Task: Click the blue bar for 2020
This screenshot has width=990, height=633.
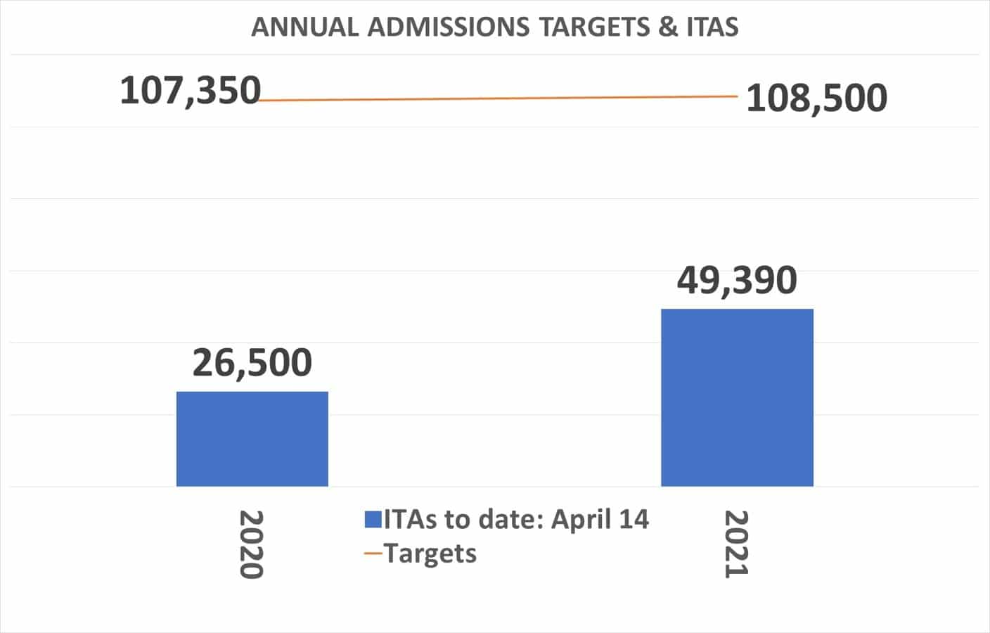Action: (252, 439)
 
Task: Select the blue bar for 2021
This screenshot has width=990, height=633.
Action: (737, 397)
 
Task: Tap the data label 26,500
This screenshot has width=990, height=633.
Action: (252, 363)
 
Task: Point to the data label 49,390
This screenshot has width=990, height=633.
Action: (737, 280)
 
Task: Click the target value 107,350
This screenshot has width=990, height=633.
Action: (190, 91)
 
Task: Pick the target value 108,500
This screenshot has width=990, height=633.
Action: (816, 98)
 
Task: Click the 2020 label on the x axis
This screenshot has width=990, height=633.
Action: (251, 544)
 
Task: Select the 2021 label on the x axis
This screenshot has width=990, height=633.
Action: (736, 544)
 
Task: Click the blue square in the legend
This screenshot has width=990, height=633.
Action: (373, 520)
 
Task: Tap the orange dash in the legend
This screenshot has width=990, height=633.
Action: (373, 554)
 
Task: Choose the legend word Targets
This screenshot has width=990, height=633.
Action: (430, 554)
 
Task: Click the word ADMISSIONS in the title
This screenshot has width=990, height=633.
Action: (449, 27)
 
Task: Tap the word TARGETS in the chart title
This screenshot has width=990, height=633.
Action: (594, 27)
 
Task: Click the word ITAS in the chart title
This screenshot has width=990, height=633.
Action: (712, 27)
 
